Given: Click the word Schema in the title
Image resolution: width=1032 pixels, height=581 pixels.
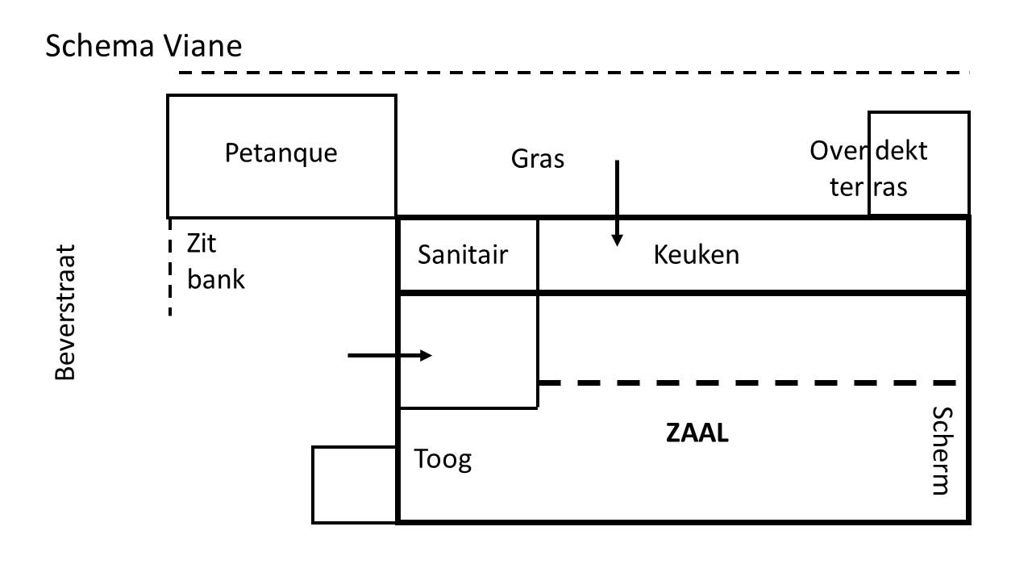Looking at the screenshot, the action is pos(99,46).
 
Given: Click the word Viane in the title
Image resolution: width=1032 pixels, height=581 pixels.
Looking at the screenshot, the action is pos(202,46).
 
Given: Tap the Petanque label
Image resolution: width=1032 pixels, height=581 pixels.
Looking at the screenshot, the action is pos(281,153).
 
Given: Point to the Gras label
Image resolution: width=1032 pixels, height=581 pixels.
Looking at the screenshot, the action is pos(538,159).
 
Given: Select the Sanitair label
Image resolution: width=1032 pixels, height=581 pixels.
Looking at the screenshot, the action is pos(463,254).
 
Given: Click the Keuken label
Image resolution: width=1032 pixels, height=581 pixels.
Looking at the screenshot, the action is pos(696,254).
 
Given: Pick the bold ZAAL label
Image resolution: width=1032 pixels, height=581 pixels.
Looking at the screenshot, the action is pos(697,433).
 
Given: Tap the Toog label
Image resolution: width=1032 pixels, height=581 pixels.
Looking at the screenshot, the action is pos(443,460).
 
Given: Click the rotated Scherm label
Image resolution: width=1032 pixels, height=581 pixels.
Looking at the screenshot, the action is pos(943,451).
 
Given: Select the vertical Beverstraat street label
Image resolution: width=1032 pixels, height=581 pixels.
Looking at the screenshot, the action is pos(65,312).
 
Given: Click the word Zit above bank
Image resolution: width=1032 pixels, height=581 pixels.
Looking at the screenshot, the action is pos(202,243).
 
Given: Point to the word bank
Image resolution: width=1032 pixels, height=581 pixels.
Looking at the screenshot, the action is pos(215,279).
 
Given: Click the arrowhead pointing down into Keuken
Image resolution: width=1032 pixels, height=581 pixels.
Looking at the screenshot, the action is pos(617,240).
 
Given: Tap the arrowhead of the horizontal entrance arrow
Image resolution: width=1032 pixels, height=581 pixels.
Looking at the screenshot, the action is pos(427,356).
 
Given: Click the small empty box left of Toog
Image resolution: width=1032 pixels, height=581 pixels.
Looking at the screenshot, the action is pos(354,485).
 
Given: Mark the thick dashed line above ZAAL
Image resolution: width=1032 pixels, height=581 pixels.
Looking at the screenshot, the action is pos(747,382).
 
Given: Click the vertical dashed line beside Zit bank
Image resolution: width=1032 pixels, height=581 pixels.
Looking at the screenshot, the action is pos(170,267).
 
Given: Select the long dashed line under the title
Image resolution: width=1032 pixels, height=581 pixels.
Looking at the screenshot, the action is pos(574,73).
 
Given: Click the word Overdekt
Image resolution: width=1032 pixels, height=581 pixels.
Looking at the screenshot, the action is pos(868,151).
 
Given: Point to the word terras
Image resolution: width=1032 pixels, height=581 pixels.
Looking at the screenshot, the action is pos(868,187).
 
